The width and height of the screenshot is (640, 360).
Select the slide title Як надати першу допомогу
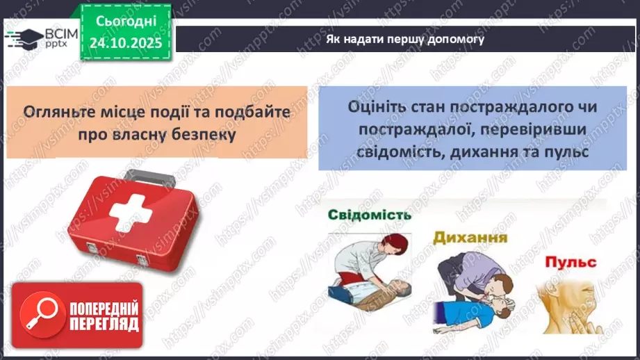[x=405, y=39]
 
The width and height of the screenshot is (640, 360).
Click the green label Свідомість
[x=370, y=215]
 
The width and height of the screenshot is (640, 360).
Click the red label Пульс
[x=571, y=263]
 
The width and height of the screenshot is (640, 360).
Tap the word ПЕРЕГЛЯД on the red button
[x=104, y=323]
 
